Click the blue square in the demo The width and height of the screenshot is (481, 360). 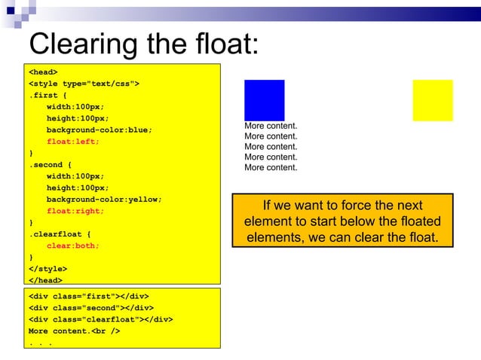pos(264,99)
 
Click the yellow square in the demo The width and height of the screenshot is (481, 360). pos(433,99)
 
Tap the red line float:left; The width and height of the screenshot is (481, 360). pos(73,141)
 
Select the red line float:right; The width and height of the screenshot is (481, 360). pos(75,211)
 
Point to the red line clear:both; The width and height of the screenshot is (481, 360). pos(73,246)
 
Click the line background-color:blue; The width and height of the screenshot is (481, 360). pos(99,130)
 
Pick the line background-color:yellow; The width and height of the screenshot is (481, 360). pos(104,200)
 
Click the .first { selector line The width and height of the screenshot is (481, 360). pos(47,95)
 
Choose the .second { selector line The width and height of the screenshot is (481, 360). pos(51,164)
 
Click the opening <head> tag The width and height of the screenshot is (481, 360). pos(43,72)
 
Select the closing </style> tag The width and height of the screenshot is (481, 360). pos(47,269)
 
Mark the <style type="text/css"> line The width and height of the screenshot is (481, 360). pos(84,83)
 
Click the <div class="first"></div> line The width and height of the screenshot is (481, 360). pos(88,296)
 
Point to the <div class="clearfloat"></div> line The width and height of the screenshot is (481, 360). pos(101,319)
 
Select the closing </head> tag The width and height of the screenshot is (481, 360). pos(45,280)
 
